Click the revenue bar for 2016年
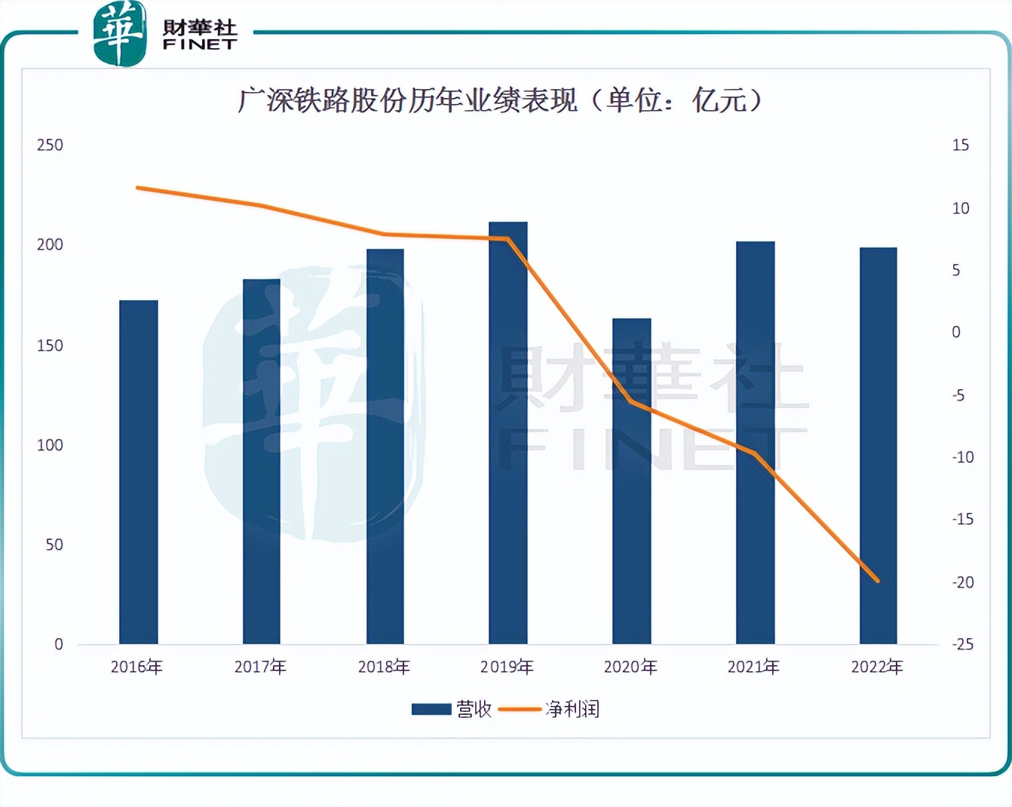coord(139,472)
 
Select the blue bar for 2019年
coord(508,433)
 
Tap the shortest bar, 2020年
coord(631,481)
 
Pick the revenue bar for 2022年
coord(878,446)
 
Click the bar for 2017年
coord(262,462)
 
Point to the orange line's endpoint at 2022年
coord(878,581)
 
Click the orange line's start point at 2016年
coord(137,187)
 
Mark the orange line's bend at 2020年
coord(631,402)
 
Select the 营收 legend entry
coord(452,709)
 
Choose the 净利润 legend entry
coord(550,709)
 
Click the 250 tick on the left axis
coord(50,145)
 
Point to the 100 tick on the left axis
coord(50,445)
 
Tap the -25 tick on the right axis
coord(963,644)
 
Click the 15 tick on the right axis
coord(960,145)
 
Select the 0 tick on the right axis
coord(956,332)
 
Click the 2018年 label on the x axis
coord(384,667)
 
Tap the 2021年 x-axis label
coord(753,667)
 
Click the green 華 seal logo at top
coord(119,34)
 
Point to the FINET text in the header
coord(200,44)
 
